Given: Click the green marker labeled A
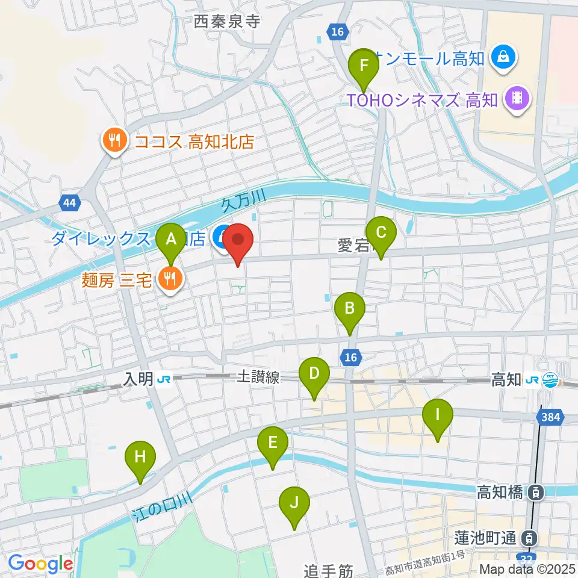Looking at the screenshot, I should pyautogui.click(x=171, y=240).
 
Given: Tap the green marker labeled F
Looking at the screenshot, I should pyautogui.click(x=364, y=64).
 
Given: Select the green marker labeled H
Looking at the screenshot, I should pyautogui.click(x=140, y=457).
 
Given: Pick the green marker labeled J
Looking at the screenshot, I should pyautogui.click(x=294, y=502).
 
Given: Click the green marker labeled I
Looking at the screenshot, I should pyautogui.click(x=438, y=415).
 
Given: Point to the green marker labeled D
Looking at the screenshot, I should pyautogui.click(x=314, y=373).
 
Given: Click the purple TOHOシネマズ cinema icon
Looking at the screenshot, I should pyautogui.click(x=516, y=97).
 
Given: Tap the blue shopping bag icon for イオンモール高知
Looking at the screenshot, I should pyautogui.click(x=501, y=58).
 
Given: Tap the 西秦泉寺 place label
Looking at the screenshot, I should pyautogui.click(x=226, y=22).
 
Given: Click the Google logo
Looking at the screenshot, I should pyautogui.click(x=40, y=564).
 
